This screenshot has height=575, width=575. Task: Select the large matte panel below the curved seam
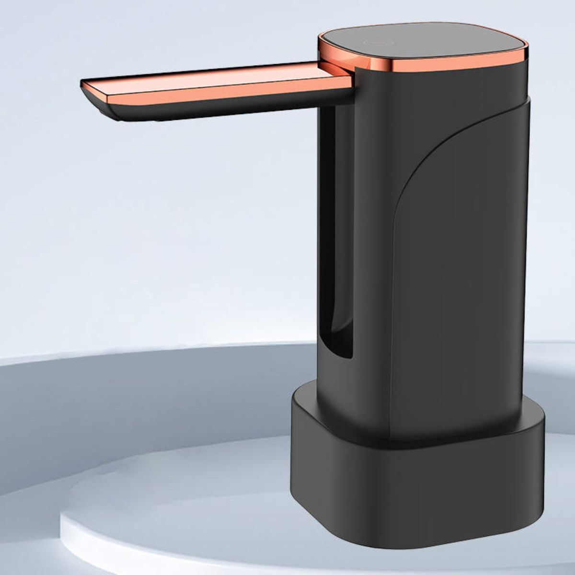(460, 287)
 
